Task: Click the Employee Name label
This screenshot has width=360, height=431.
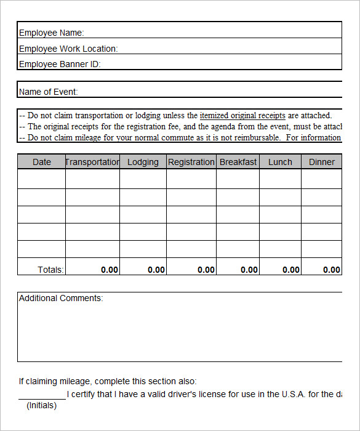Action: pyautogui.click(x=52, y=33)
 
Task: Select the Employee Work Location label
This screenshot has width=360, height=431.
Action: pyautogui.click(x=68, y=49)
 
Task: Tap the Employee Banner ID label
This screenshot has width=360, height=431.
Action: pyautogui.click(x=60, y=64)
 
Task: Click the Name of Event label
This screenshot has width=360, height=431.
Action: pyautogui.click(x=49, y=92)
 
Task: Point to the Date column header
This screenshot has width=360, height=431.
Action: pyautogui.click(x=42, y=162)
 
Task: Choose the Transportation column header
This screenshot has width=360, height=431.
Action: pyautogui.click(x=92, y=162)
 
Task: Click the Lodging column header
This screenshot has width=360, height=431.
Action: pyautogui.click(x=143, y=162)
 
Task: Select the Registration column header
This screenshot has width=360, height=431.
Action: pyautogui.click(x=191, y=162)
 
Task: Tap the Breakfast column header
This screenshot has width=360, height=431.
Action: pyautogui.click(x=238, y=162)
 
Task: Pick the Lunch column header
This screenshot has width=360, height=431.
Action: pyautogui.click(x=280, y=162)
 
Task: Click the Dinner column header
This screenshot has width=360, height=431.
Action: pyautogui.click(x=322, y=162)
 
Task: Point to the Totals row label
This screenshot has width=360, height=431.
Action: pyautogui.click(x=51, y=270)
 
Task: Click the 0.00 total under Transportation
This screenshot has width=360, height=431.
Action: pyautogui.click(x=110, y=270)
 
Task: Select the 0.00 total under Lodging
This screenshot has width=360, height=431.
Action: pyautogui.click(x=156, y=270)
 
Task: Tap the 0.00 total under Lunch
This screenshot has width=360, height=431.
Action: pyautogui.click(x=291, y=270)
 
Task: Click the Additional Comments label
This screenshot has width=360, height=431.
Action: pyautogui.click(x=61, y=298)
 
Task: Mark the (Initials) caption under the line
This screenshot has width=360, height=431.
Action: pyautogui.click(x=41, y=405)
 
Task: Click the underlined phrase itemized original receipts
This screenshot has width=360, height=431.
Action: pyautogui.click(x=242, y=115)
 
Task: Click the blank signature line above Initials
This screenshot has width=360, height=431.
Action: pyautogui.click(x=42, y=397)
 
